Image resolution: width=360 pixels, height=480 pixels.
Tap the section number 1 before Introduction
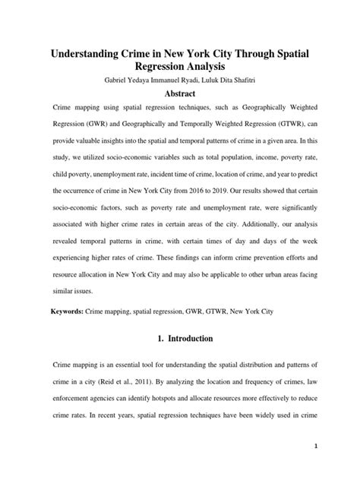[150, 337]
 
